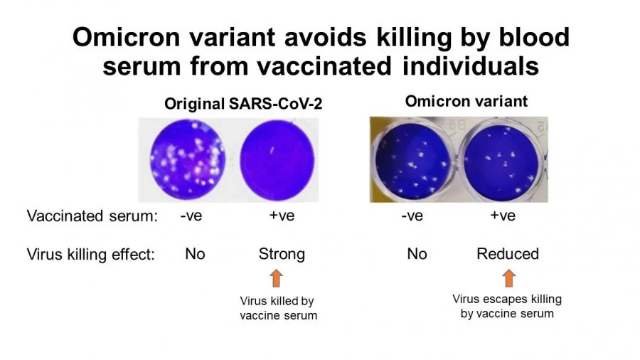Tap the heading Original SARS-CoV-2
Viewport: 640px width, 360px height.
click(243, 103)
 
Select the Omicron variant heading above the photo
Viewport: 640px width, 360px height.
click(466, 101)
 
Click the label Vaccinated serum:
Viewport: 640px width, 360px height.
click(92, 216)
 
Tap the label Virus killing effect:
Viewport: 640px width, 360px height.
click(90, 254)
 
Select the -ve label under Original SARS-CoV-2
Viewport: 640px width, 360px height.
click(191, 216)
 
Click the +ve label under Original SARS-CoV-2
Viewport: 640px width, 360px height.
click(282, 216)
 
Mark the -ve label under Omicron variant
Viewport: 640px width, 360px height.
click(412, 216)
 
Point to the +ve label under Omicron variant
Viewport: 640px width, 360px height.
click(503, 216)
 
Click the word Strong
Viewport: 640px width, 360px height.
click(282, 254)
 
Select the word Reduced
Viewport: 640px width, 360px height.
click(508, 254)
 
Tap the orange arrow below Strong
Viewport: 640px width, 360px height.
click(277, 278)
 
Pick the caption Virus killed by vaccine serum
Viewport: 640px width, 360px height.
click(277, 308)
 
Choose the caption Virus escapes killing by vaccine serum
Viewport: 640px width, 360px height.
click(507, 306)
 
